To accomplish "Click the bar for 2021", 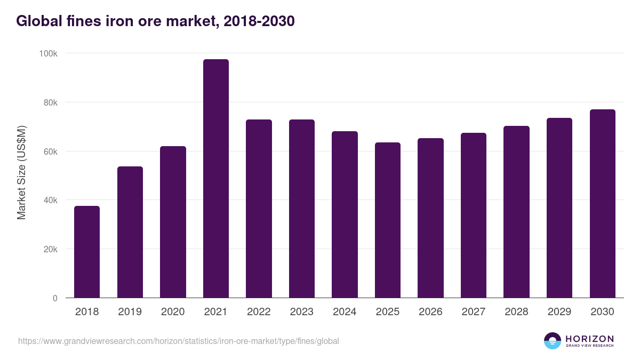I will pyautogui.click(x=216, y=179).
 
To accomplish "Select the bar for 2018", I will pyautogui.click(x=87, y=252).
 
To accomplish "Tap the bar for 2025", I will pyautogui.click(x=388, y=220).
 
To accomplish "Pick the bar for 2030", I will pyautogui.click(x=602, y=203).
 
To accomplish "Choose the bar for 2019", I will pyautogui.click(x=130, y=232).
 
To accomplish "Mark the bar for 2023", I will pyautogui.click(x=302, y=209).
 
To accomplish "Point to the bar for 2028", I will pyautogui.click(x=516, y=212).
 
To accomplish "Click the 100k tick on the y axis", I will pyautogui.click(x=48, y=53).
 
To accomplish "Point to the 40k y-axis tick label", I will pyautogui.click(x=50, y=200).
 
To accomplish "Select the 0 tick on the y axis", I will pyautogui.click(x=55, y=298).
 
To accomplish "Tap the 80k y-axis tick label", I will pyautogui.click(x=50, y=102).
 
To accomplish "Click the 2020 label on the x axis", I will pyautogui.click(x=173, y=312).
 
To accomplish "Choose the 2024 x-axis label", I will pyautogui.click(x=345, y=312).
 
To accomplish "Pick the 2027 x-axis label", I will pyautogui.click(x=474, y=312).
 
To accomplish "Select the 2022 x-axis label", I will pyautogui.click(x=259, y=312).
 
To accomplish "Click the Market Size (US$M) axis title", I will pyautogui.click(x=21, y=173).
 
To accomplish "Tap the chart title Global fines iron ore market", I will pyautogui.click(x=155, y=21).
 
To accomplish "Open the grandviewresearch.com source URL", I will pyautogui.click(x=179, y=341).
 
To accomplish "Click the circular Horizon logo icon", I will pyautogui.click(x=553, y=341).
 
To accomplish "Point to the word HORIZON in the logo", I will pyautogui.click(x=589, y=339).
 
